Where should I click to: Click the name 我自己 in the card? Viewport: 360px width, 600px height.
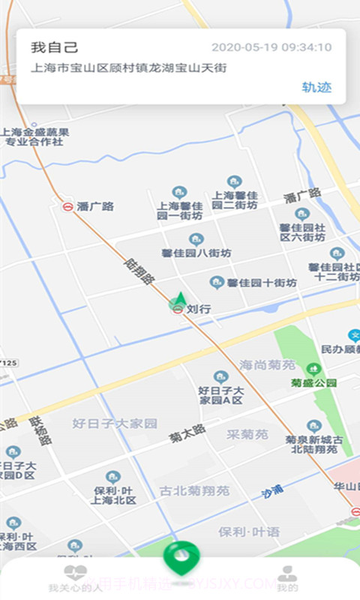pos(55,47)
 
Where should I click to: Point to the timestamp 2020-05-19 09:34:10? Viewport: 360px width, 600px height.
pos(271,47)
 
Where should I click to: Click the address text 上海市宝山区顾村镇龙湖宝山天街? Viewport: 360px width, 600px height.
pos(128,67)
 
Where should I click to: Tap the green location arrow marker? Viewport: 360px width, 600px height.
pos(180,299)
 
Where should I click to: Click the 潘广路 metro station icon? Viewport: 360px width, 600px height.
pos(68,206)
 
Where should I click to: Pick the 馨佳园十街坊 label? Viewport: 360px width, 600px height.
pos(262,283)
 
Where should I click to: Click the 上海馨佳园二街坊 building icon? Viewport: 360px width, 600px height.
pos(235,181)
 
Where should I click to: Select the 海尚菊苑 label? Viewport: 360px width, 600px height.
pos(268,365)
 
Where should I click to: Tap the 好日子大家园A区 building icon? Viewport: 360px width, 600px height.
pos(220,376)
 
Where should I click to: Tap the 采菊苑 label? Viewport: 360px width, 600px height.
pos(247,434)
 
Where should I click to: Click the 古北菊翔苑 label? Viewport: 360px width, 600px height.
pos(195,491)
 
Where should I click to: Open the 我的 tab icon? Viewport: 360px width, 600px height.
pos(286,574)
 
